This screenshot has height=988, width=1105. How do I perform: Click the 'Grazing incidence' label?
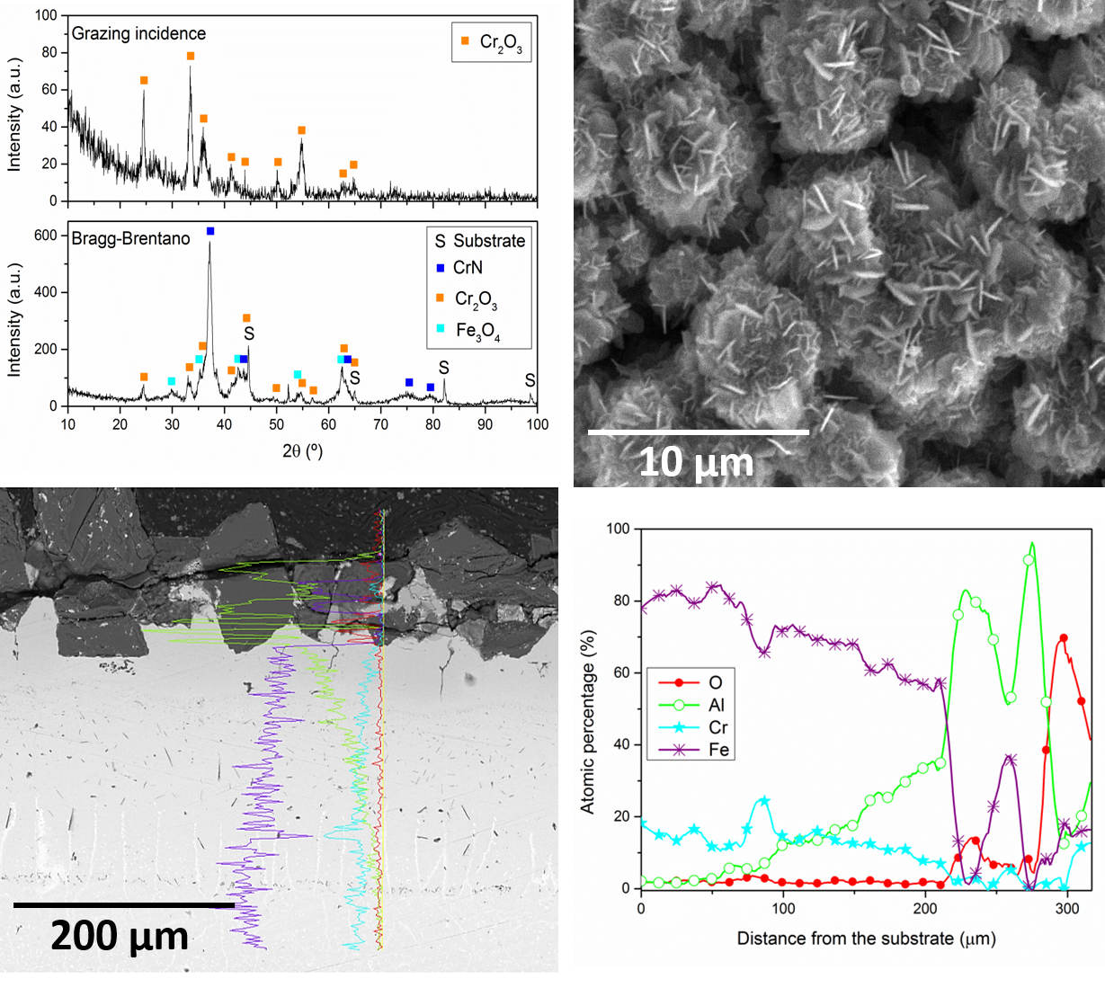point(138,34)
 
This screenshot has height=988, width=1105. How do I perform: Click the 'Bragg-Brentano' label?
point(130,238)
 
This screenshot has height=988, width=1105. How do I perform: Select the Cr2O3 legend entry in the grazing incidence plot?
point(491,42)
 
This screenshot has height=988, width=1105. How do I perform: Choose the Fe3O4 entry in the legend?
point(477,331)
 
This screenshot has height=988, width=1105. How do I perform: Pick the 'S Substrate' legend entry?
point(479,241)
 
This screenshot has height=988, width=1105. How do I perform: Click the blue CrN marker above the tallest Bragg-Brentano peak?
point(210,231)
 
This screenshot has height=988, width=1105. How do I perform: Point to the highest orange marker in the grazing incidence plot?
point(191,56)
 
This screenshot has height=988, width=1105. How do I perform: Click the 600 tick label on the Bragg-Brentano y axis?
point(46,236)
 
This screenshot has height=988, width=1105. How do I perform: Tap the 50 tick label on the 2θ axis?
point(277,424)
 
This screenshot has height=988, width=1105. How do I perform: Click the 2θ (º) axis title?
point(302,450)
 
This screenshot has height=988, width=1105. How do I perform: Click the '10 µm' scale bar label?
point(695,462)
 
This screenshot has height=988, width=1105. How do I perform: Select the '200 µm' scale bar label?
point(120,936)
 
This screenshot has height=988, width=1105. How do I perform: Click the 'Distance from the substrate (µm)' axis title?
point(866,939)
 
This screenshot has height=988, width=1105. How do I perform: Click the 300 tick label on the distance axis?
point(1067,909)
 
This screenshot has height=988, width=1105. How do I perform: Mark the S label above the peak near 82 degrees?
point(444,369)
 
